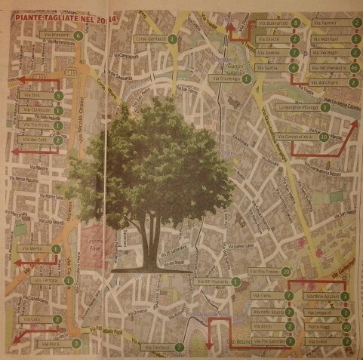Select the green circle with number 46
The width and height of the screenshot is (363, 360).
355,67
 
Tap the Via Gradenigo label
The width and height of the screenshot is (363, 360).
226,79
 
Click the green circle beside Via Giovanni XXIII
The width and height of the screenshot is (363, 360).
323,137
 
